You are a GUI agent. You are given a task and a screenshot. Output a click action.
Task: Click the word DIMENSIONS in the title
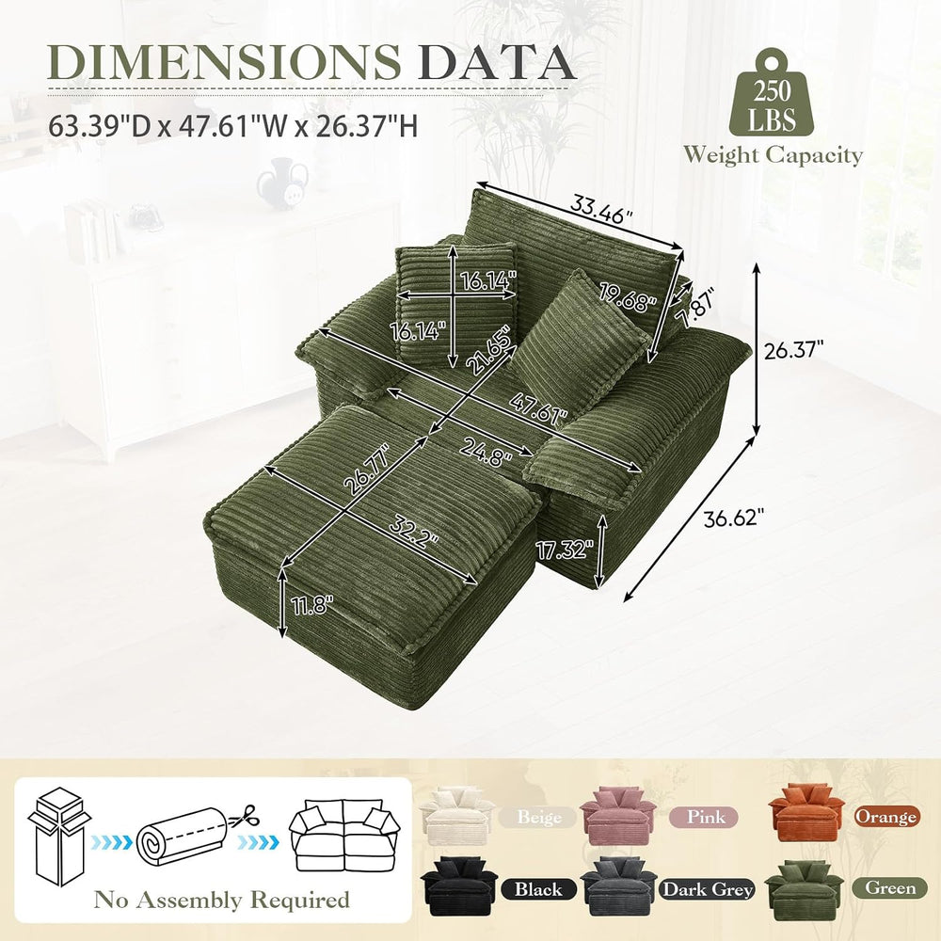coord(224,61)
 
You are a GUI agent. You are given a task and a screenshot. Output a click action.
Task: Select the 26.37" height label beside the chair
coord(793,349)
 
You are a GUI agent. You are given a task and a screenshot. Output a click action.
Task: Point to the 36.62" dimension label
coord(735,518)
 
